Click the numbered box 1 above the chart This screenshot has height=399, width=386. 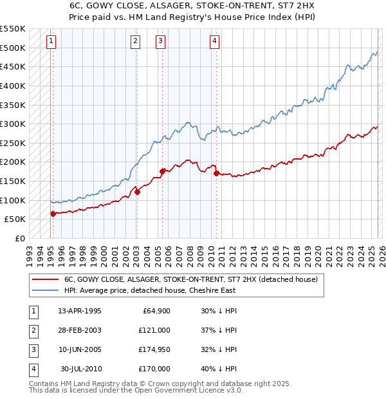[x=51, y=42]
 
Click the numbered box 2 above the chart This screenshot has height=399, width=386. [x=136, y=42]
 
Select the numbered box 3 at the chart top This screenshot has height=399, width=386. [x=160, y=42]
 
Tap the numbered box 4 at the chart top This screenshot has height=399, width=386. [x=214, y=42]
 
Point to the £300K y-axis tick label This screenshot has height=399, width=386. [x=13, y=124]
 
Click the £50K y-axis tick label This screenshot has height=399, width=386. [x=15, y=219]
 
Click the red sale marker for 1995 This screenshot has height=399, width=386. [x=53, y=214]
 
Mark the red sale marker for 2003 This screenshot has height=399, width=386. [x=137, y=192]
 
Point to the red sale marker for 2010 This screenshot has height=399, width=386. [x=216, y=173]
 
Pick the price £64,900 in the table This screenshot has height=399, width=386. [x=154, y=311]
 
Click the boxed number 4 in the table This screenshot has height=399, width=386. [x=33, y=369]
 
